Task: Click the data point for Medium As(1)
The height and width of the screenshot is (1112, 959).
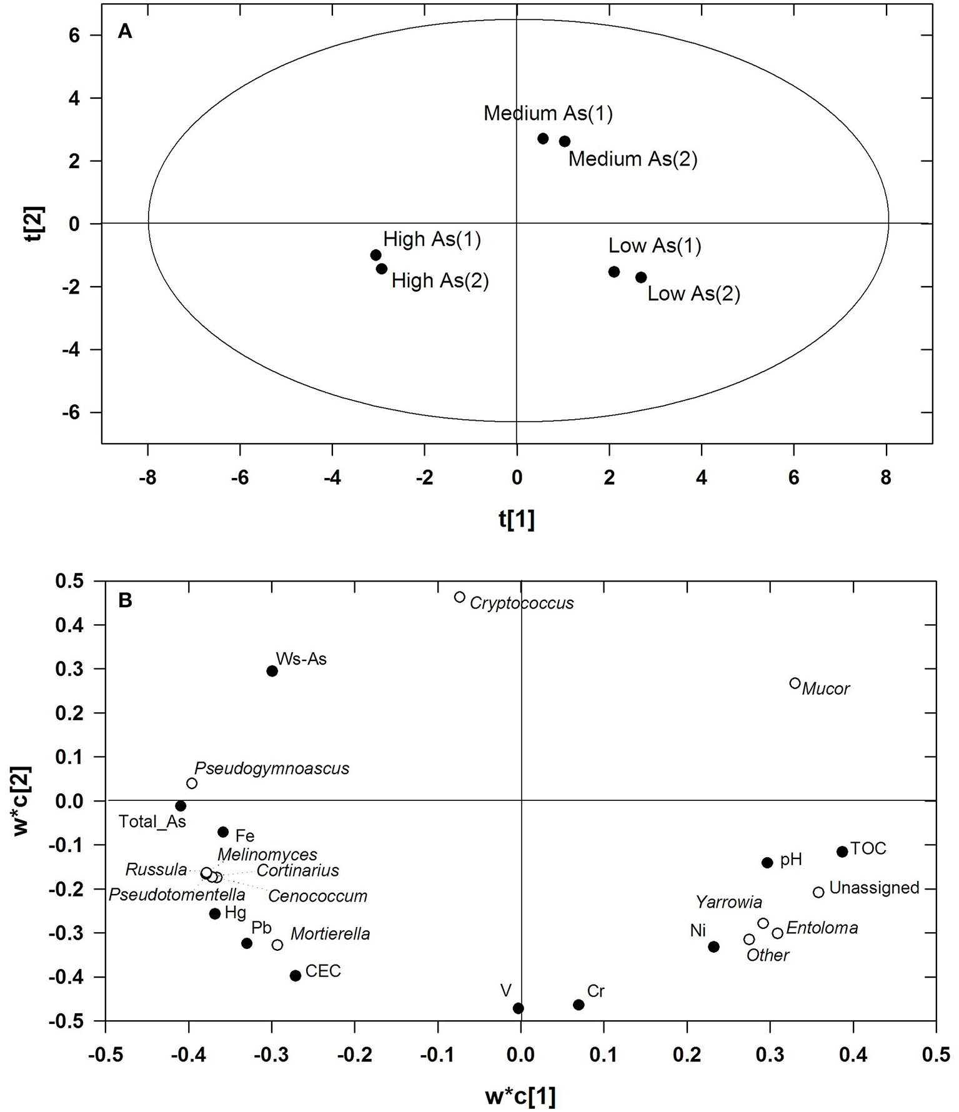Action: (x=543, y=139)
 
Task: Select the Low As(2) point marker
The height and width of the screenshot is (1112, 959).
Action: (x=641, y=277)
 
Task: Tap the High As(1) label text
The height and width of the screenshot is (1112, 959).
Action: (x=432, y=239)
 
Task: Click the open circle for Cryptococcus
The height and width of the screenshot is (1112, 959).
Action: (x=460, y=597)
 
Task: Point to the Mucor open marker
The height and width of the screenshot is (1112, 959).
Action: (x=795, y=683)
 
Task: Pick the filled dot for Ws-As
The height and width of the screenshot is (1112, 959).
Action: (x=272, y=671)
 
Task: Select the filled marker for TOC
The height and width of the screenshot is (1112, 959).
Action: (x=842, y=851)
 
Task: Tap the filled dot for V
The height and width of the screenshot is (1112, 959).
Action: (x=518, y=1008)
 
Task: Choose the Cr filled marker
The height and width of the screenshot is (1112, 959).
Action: (x=579, y=1005)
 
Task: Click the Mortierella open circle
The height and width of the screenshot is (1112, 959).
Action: (x=277, y=945)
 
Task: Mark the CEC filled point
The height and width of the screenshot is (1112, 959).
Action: (x=296, y=975)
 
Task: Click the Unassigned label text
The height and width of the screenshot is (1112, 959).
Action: (x=874, y=888)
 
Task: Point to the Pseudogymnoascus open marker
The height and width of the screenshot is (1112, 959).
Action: (x=192, y=783)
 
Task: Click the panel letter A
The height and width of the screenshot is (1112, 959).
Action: (x=125, y=31)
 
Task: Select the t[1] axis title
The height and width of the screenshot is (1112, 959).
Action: (x=517, y=519)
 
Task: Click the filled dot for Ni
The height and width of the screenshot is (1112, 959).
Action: (x=713, y=947)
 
